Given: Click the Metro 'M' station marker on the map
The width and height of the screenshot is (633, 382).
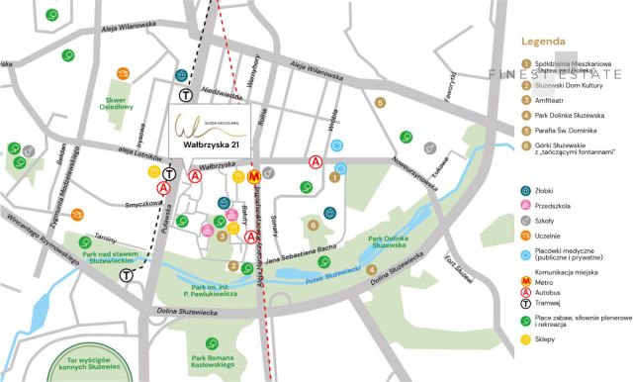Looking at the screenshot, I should [253, 177].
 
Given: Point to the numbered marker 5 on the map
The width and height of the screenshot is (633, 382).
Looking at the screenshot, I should [380, 102].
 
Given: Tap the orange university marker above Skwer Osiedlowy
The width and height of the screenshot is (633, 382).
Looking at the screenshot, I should [124, 73].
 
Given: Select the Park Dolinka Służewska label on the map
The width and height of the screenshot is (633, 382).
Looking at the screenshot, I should [390, 242].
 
